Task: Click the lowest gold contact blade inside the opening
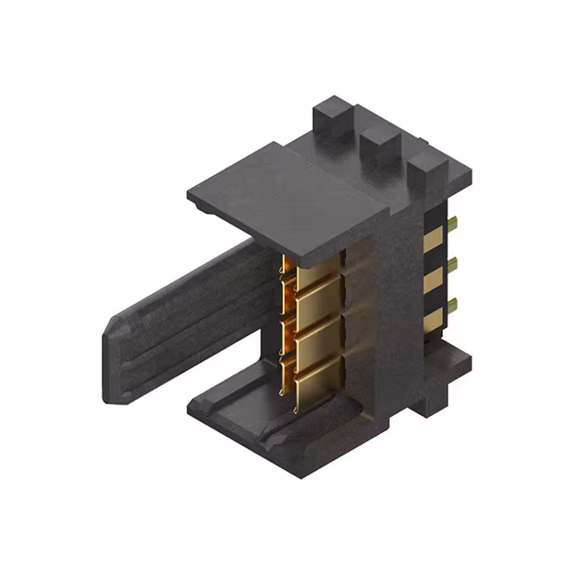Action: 316,387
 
